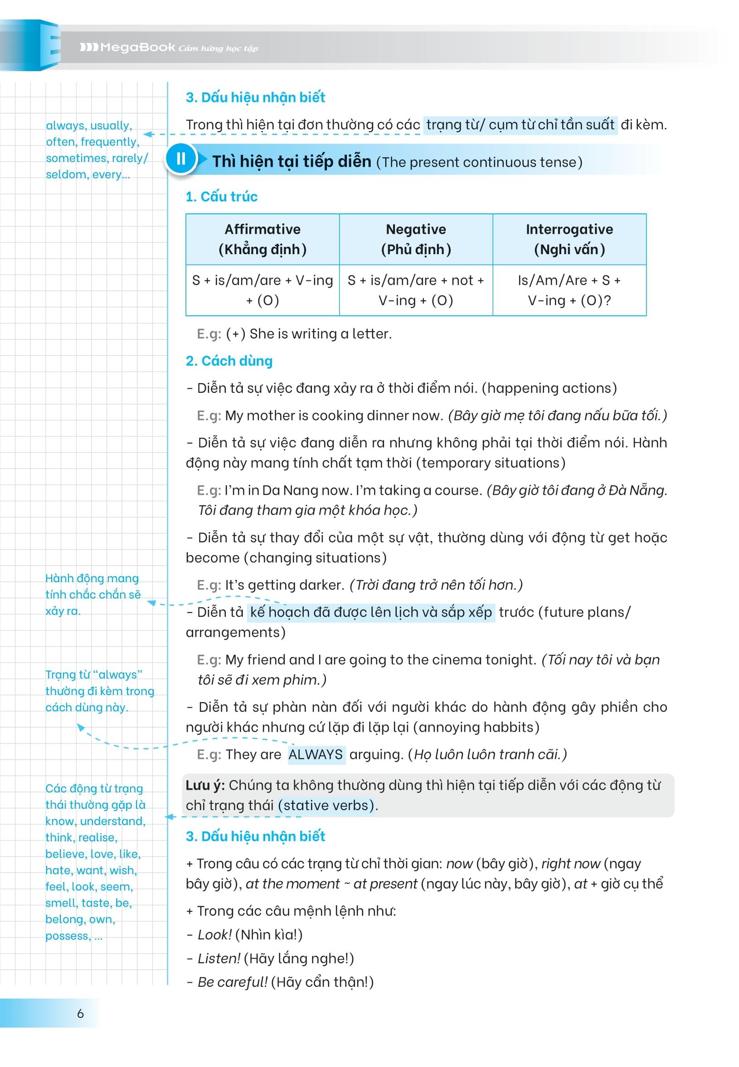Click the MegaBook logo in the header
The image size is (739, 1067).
click(x=127, y=47)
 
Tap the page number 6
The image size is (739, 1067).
click(x=80, y=1014)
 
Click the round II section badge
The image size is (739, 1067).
click(x=180, y=159)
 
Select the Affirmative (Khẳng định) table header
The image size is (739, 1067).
click(x=263, y=239)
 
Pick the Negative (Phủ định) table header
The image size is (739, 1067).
click(x=416, y=239)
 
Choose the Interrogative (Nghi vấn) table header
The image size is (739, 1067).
click(x=569, y=239)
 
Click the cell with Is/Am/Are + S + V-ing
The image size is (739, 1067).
click(x=569, y=290)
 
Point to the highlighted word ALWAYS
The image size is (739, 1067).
click(x=316, y=754)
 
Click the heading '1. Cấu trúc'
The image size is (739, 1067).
click(x=221, y=197)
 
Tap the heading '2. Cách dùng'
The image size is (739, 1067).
click(x=229, y=361)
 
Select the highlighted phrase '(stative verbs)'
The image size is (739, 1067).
click(x=326, y=805)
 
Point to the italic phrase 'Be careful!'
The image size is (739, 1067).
click(x=233, y=981)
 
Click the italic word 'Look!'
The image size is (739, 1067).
click(x=214, y=934)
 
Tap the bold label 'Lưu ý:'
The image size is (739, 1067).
click(x=205, y=785)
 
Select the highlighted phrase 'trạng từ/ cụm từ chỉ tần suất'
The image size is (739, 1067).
click(x=520, y=125)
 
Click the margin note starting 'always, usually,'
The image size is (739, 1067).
click(x=92, y=150)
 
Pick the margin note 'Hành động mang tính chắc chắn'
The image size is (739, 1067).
click(x=92, y=594)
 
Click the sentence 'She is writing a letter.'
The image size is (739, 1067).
click(x=321, y=333)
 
